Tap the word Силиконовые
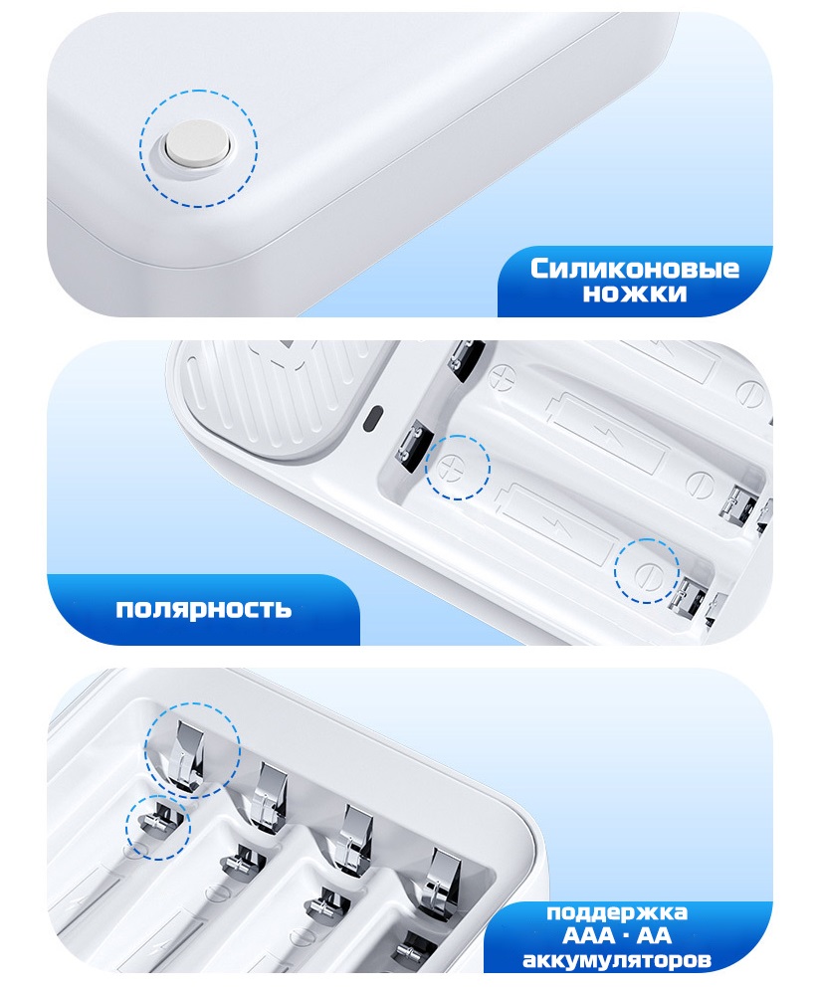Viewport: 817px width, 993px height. coord(635,269)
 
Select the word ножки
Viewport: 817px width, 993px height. coord(635,294)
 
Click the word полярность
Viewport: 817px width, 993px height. coord(204,609)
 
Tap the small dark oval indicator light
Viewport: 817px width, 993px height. coord(374,419)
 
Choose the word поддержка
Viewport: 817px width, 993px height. coord(616,912)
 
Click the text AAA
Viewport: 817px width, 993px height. coord(588,935)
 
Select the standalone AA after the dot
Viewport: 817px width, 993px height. coord(654,935)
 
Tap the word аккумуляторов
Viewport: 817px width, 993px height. coord(616,960)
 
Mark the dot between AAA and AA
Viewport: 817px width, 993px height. coord(626,936)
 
